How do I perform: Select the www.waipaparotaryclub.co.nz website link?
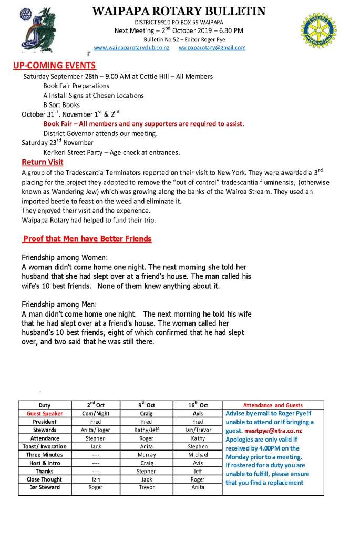coord(131,48)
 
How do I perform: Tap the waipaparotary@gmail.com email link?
coord(212,48)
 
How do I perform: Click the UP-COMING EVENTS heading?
coord(55,66)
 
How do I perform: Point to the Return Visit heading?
coord(42,162)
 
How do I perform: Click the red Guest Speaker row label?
coord(45,413)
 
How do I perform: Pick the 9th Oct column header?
coord(147,405)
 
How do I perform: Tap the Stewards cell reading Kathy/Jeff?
coord(147,430)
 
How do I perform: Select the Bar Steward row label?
coord(45,487)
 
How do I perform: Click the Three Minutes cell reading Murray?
coord(147,454)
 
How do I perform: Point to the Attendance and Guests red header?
coord(273,405)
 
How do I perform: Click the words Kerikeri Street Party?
coord(77,152)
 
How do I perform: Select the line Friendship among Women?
coord(64,258)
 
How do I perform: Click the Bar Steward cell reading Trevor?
coord(147,487)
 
